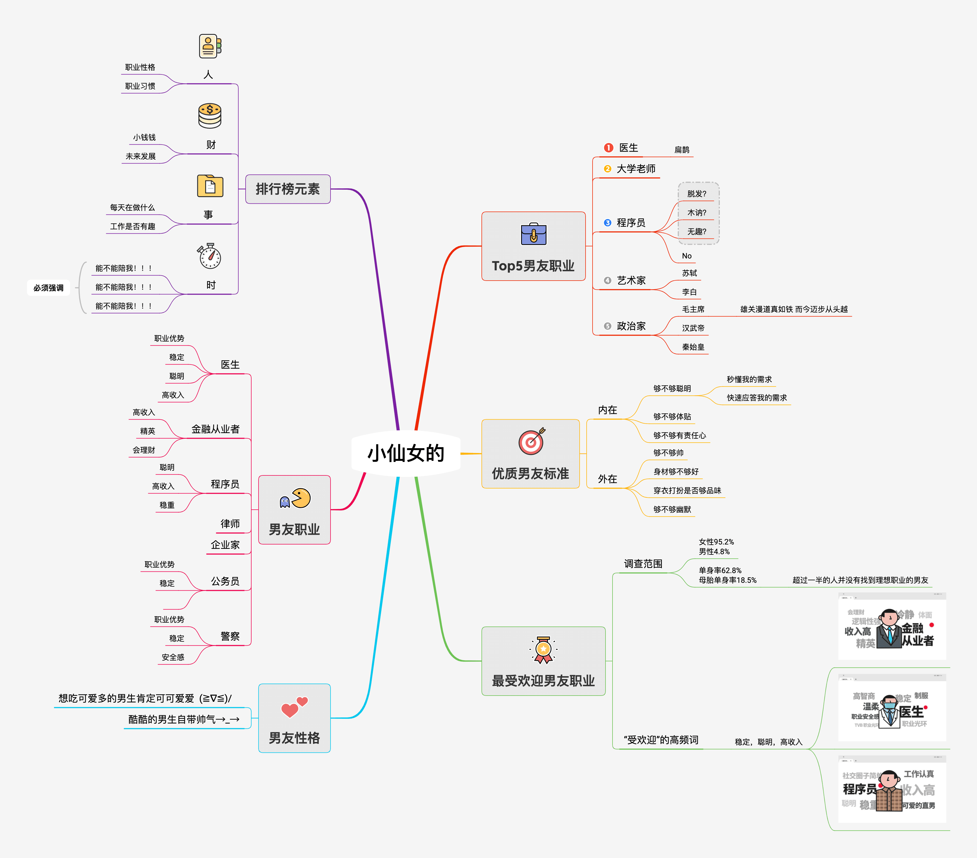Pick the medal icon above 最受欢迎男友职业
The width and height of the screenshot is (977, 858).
pos(543,649)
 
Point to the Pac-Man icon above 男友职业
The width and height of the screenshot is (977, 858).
pos(295,498)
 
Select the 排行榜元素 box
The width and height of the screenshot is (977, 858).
pos(288,189)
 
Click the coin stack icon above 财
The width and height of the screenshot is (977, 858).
pos(210,116)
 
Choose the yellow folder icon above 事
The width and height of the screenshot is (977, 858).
pos(210,186)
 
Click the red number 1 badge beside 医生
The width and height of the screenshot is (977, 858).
pos(608,148)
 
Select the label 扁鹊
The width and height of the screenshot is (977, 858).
pos(682,150)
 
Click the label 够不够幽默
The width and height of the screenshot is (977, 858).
pos(672,509)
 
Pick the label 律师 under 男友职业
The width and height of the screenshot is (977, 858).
pos(230,524)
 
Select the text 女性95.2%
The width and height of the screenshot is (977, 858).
pos(716,542)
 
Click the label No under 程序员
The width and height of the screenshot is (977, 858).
pos(686,256)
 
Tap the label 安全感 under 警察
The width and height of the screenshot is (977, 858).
pos(173,657)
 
